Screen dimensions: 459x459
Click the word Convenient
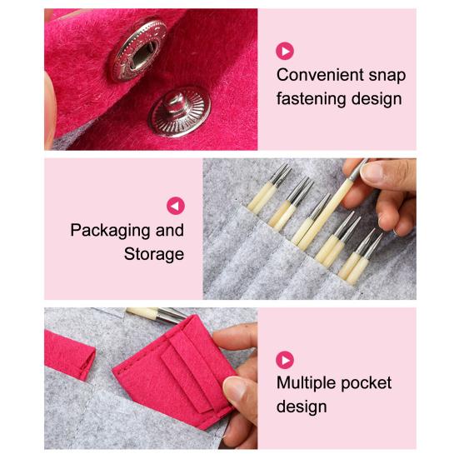(x=320, y=75)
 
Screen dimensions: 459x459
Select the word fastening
(x=312, y=99)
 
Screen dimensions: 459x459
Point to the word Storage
(x=154, y=254)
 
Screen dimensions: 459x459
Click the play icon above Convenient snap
(x=285, y=51)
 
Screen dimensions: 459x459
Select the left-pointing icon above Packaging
(x=175, y=206)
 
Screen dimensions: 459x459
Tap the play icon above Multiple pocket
(x=285, y=360)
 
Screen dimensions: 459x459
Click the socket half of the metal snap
(x=139, y=50)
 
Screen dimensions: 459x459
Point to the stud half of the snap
(x=179, y=112)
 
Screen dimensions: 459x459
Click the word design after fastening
(x=377, y=99)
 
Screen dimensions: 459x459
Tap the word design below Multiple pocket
(x=302, y=407)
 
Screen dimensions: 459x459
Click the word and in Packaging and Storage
(x=170, y=231)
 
